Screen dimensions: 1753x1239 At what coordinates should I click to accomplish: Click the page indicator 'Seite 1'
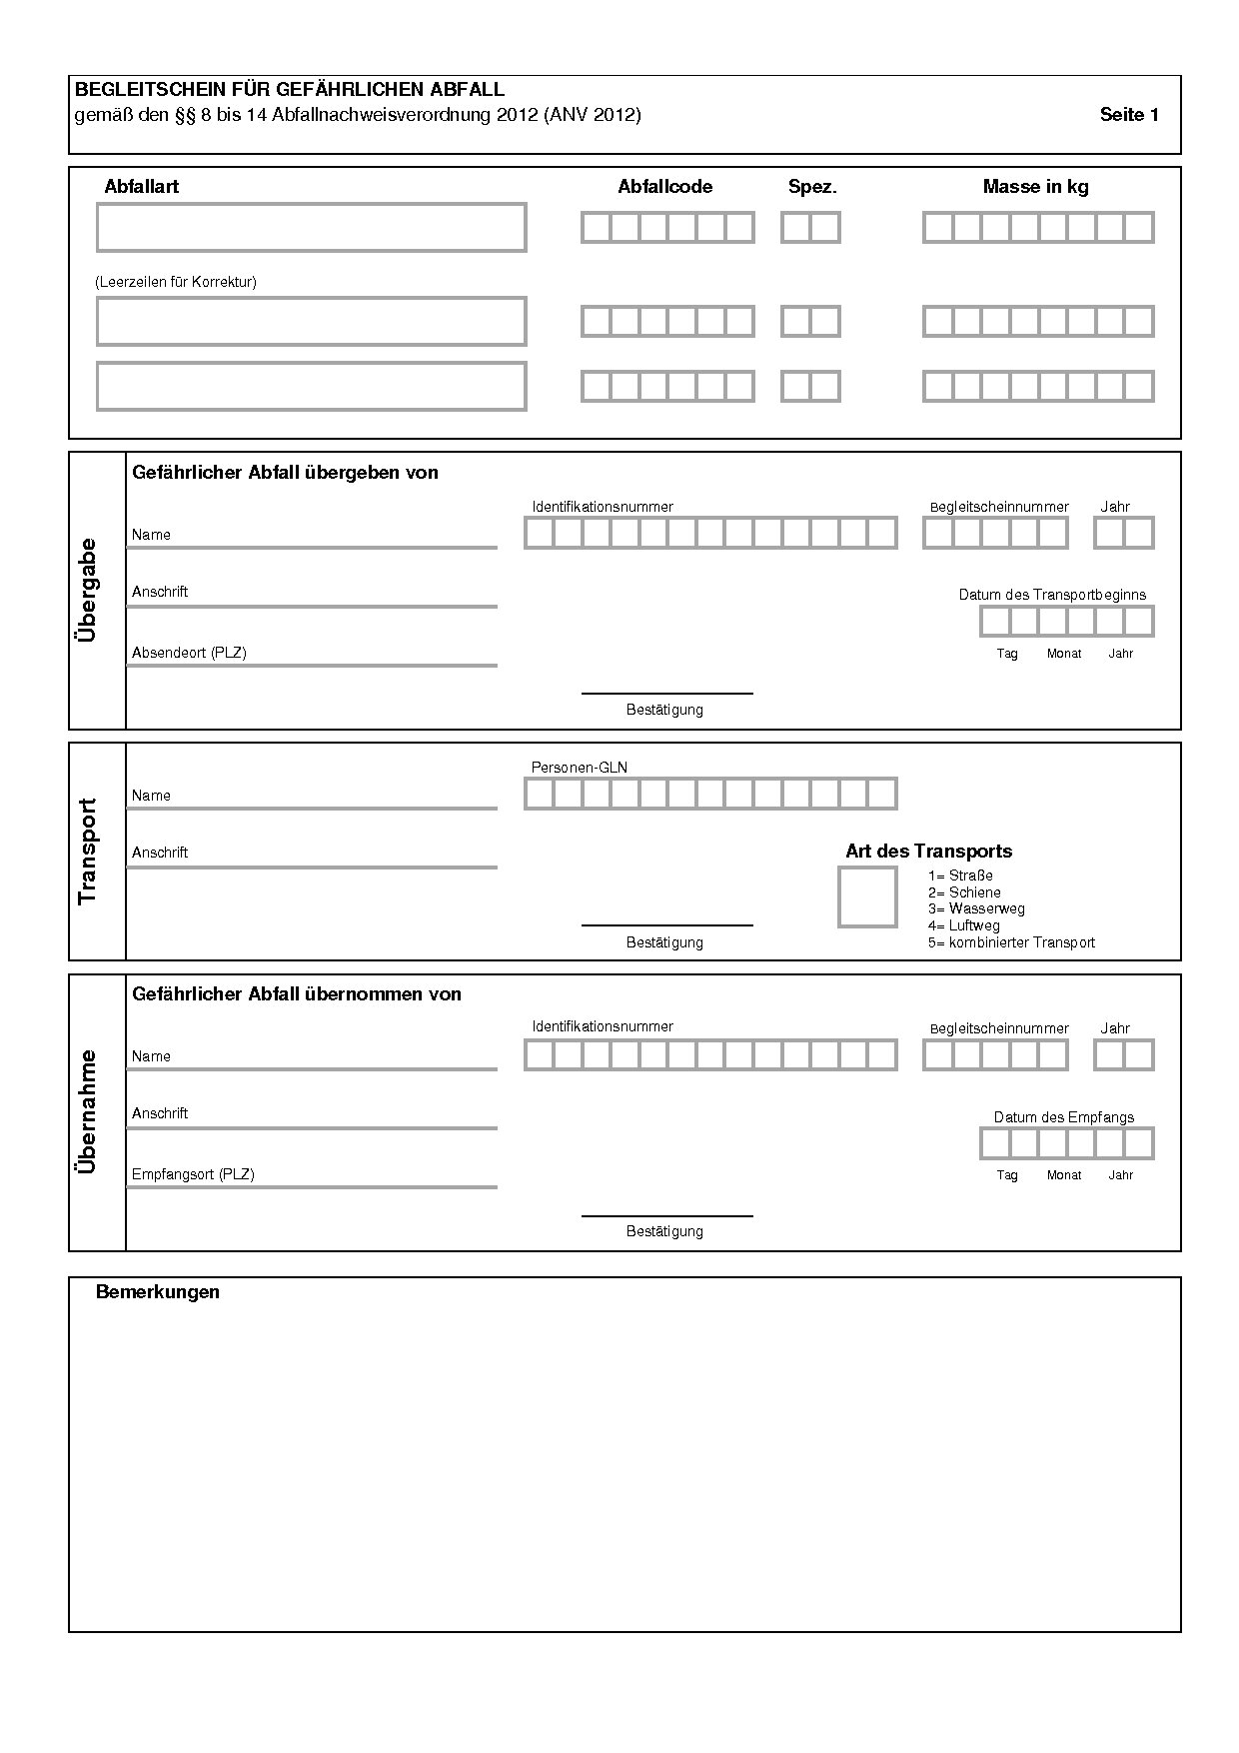coord(1129,115)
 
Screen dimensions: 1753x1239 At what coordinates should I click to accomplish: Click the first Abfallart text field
coord(311,228)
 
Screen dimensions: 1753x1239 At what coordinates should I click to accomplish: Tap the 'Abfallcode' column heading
coord(664,187)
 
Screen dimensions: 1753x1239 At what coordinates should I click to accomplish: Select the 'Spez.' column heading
coord(812,187)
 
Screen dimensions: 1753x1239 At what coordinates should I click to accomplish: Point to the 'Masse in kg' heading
coord(1035,187)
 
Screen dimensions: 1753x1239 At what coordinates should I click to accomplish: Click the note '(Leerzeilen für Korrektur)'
coord(176,282)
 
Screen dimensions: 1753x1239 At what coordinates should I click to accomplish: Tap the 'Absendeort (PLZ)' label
coord(189,653)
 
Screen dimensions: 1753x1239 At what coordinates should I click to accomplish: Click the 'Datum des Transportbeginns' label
coord(1052,595)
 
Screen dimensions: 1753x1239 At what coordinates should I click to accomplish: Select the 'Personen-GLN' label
coord(579,768)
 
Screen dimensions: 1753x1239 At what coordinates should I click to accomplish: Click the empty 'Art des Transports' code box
coord(866,897)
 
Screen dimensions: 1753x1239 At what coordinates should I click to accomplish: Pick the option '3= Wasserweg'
coord(976,908)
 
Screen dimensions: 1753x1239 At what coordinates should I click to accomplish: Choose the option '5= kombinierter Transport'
coord(1011,942)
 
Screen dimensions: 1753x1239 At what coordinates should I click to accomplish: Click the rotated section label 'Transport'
coord(88,852)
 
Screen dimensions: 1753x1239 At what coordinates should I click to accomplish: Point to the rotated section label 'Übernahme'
coord(88,1111)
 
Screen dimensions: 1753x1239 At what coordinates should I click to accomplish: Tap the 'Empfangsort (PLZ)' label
coord(193,1174)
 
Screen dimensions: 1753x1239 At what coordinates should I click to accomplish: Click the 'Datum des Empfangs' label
coord(1063,1117)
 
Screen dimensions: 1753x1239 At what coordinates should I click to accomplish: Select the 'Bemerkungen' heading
coord(157,1292)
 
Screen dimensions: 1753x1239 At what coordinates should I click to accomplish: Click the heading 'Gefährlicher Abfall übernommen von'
coord(297,994)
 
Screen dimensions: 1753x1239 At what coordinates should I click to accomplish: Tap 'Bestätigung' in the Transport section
coord(664,942)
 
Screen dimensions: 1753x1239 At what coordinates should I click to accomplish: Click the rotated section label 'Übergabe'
coord(88,590)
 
